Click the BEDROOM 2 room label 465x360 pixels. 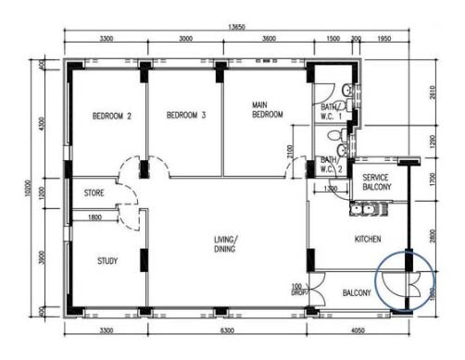[x=111, y=117]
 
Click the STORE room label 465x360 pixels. [x=94, y=193]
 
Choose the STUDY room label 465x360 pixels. [x=107, y=261]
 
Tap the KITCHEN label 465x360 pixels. [x=368, y=240]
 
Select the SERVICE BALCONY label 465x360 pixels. [x=376, y=181]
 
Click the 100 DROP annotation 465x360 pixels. [x=298, y=289]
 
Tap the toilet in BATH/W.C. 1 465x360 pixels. [x=347, y=90]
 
